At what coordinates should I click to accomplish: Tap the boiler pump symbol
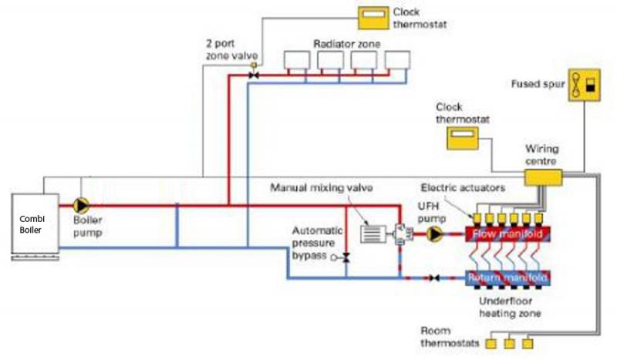click(x=81, y=206)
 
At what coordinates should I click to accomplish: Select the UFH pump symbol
click(x=436, y=231)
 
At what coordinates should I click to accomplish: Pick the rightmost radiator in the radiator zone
click(x=398, y=60)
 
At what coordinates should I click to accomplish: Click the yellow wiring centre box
click(x=545, y=178)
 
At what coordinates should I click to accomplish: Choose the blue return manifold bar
click(x=507, y=277)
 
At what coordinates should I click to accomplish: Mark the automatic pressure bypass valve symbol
click(x=346, y=257)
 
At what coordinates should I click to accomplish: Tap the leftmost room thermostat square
click(x=491, y=341)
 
